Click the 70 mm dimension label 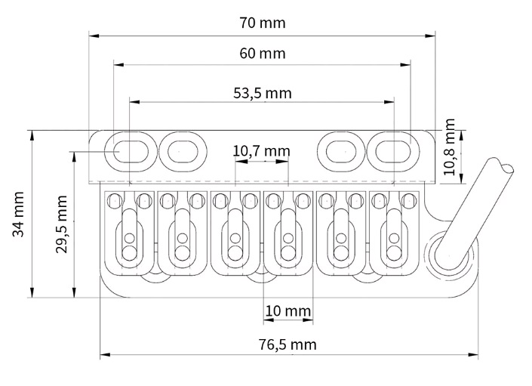point(262,23)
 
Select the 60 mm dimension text point(262,54)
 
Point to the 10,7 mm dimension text point(261,151)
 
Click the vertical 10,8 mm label point(451,147)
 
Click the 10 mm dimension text point(288,310)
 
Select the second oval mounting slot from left point(181,150)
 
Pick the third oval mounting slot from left point(340,150)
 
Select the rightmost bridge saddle point(391,234)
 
